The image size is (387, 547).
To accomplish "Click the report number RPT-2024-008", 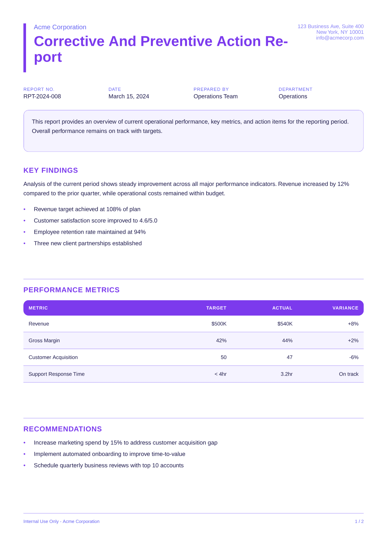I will [x=42, y=97].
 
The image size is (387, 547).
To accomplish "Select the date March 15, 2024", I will [x=129, y=97].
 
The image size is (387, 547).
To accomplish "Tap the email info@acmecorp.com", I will [x=340, y=38].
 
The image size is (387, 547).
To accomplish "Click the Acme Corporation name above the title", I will [x=60, y=27].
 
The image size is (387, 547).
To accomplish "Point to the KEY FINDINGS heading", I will [x=51, y=170].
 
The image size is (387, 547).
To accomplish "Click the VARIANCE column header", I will [x=345, y=308].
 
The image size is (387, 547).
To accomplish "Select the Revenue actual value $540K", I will [x=285, y=324].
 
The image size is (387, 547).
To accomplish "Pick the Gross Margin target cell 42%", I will [x=221, y=341].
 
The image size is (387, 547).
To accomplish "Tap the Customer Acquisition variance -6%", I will [x=354, y=357].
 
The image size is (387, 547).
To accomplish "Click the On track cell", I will [x=348, y=374].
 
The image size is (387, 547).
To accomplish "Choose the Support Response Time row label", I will [x=57, y=374].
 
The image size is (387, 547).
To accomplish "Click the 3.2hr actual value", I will [x=286, y=374].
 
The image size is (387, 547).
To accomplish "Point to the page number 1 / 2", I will [x=359, y=521].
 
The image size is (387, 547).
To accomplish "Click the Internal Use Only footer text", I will [x=61, y=521].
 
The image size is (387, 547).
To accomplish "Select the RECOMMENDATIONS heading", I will [x=63, y=429].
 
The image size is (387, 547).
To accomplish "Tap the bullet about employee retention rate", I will [x=90, y=232].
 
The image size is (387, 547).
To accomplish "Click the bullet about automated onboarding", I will [x=110, y=454].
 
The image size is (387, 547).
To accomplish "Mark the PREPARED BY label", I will [x=211, y=89].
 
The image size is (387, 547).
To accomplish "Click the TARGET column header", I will [x=216, y=308].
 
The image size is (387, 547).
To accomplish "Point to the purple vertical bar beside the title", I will [x=25, y=48].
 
